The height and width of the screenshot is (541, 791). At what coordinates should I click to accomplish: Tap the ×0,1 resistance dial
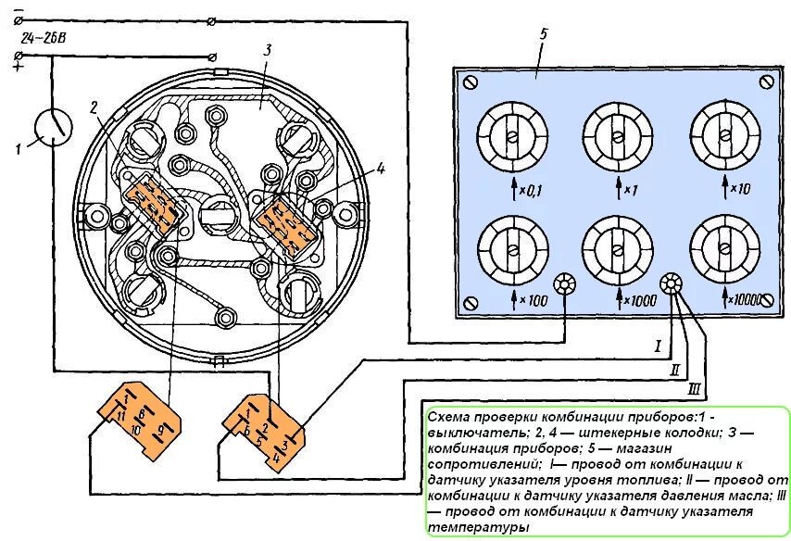[x=512, y=135]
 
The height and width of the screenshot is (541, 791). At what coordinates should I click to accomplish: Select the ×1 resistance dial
[x=616, y=135]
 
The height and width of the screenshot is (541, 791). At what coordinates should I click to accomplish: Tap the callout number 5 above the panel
[x=544, y=34]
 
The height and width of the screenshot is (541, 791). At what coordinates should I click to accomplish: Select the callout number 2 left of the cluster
[x=94, y=108]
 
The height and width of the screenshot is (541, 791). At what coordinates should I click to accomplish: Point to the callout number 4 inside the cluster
[x=379, y=169]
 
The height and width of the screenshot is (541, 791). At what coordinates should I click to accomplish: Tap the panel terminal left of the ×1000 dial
[x=564, y=283]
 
